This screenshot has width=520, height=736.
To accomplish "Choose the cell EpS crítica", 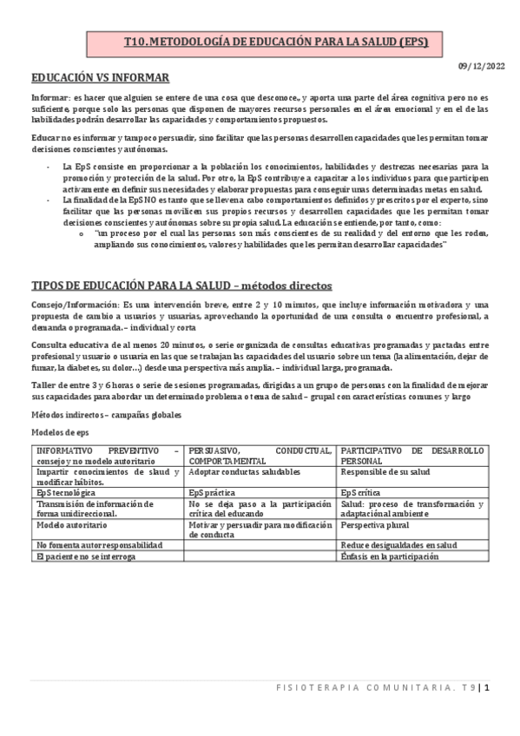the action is [362, 492].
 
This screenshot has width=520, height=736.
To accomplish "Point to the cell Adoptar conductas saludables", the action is [244, 471].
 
